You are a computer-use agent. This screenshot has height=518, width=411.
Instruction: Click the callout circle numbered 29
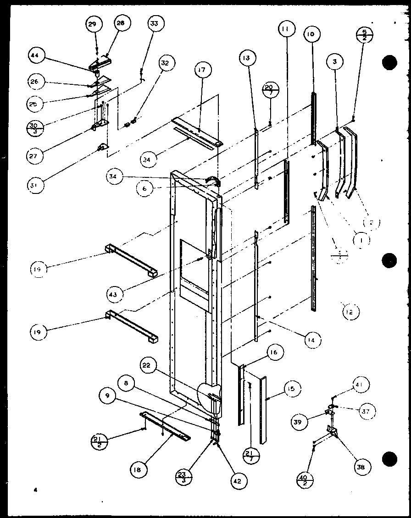(x=93, y=24)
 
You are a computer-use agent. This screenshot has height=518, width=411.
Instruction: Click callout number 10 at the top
(x=311, y=34)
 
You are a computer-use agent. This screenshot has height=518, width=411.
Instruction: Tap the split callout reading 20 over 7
(x=269, y=88)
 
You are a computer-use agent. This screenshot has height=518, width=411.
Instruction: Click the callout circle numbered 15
(x=292, y=389)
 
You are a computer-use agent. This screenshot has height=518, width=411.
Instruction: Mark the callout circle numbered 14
(x=313, y=340)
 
